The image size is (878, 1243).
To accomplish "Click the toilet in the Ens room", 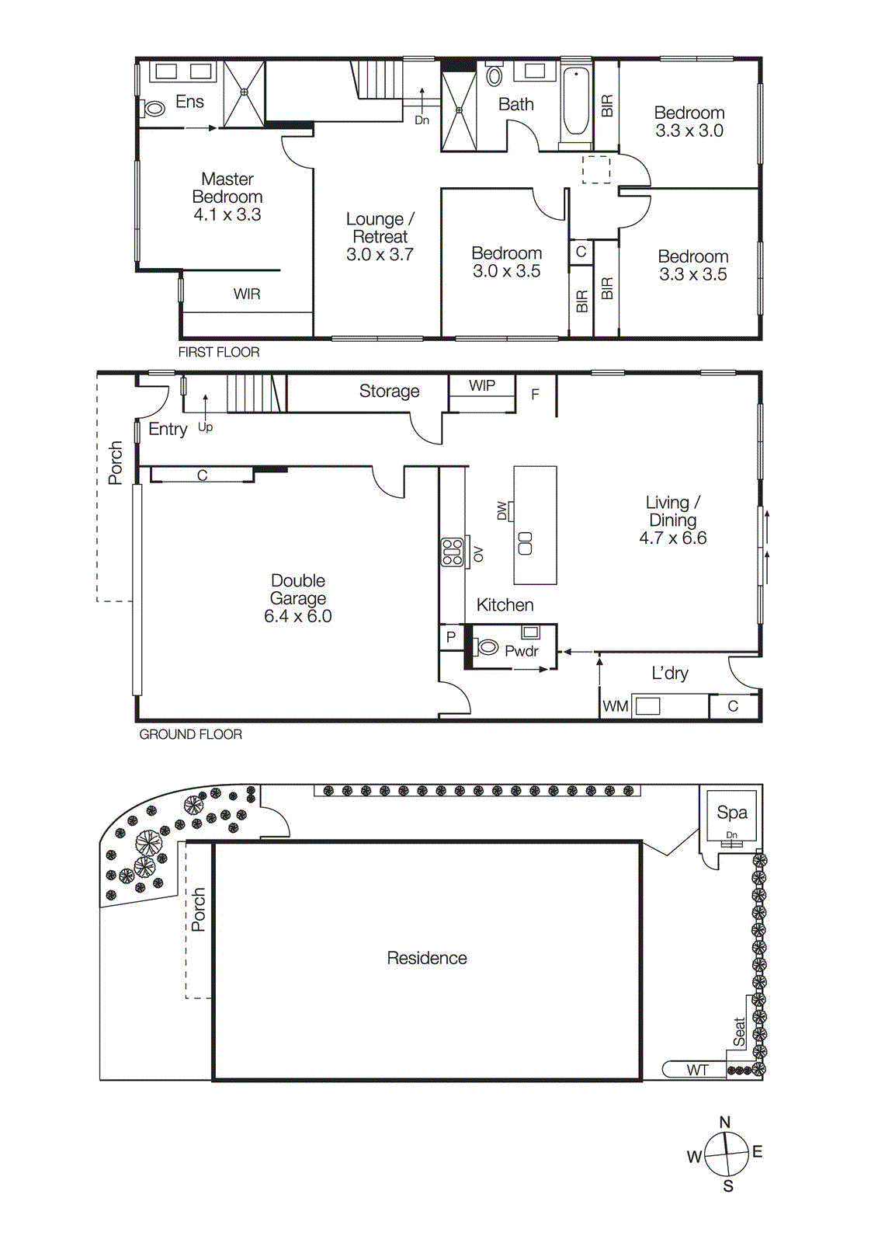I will pyautogui.click(x=154, y=109).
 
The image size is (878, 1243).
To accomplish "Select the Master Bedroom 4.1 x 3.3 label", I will pyautogui.click(x=227, y=197).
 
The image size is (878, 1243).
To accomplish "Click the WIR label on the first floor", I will pyautogui.click(x=247, y=294).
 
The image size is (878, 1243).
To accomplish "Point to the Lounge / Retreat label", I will pyautogui.click(x=380, y=236).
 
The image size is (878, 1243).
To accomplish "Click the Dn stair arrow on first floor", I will pyautogui.click(x=422, y=104).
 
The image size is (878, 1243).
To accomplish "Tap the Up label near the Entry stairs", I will pyautogui.click(x=205, y=427).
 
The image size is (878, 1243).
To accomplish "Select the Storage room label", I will pyautogui.click(x=389, y=392).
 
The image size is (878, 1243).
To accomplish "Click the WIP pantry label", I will pyautogui.click(x=481, y=385).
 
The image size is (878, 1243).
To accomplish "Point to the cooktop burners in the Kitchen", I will pyautogui.click(x=453, y=552).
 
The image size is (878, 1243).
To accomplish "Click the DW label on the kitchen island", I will pyautogui.click(x=501, y=510).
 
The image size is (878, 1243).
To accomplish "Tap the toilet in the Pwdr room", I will pyautogui.click(x=487, y=646).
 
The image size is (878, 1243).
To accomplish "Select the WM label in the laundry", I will pyautogui.click(x=616, y=706).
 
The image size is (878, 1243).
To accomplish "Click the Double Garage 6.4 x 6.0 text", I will pyautogui.click(x=298, y=598).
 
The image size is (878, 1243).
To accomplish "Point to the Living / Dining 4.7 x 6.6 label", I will pyautogui.click(x=672, y=520).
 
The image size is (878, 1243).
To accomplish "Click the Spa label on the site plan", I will pyautogui.click(x=732, y=813).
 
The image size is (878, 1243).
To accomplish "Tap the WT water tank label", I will pyautogui.click(x=697, y=1070).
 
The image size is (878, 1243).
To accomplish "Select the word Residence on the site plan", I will pyautogui.click(x=427, y=958).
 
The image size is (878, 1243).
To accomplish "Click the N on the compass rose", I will pyautogui.click(x=725, y=1122).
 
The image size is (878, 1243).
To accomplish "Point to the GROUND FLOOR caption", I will pyautogui.click(x=190, y=734).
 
